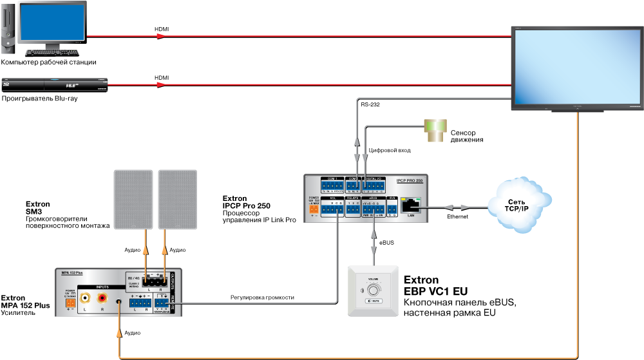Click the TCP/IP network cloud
[519, 205]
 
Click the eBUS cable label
[386, 243]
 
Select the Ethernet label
[457, 217]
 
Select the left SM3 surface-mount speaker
[133, 199]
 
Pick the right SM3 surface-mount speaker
[176, 199]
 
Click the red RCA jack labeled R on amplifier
[102, 298]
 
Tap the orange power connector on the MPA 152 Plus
[71, 302]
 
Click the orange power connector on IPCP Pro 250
[314, 208]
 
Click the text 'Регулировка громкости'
[263, 297]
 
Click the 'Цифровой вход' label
[389, 150]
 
